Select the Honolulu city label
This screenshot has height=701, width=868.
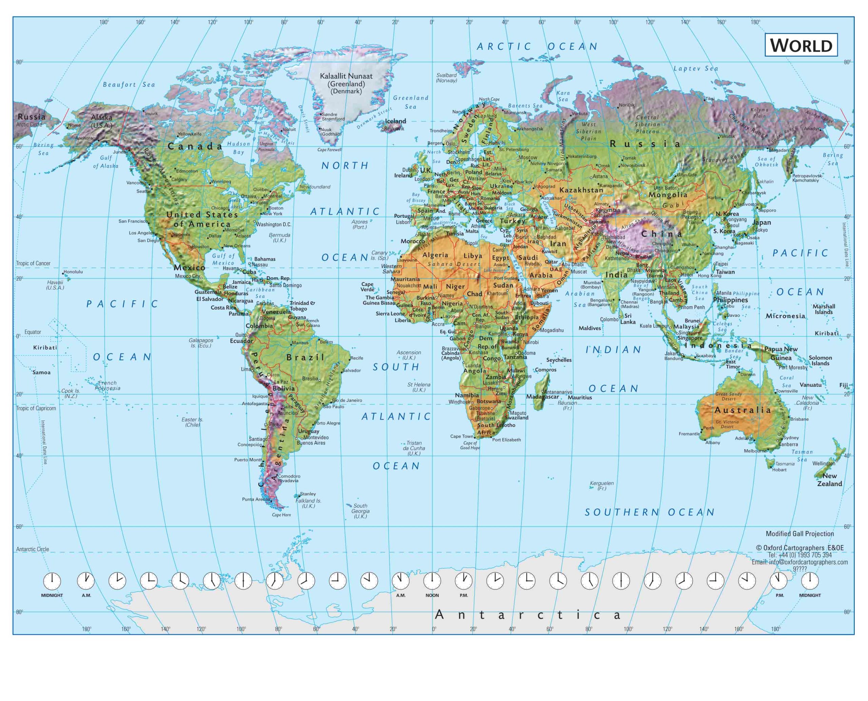[x=73, y=272]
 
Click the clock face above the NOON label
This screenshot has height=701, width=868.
[x=432, y=581]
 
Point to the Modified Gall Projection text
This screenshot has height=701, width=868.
[x=800, y=533]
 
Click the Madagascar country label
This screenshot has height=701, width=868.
[x=542, y=397]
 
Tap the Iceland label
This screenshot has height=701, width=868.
[x=395, y=121]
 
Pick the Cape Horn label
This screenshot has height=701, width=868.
[x=281, y=515]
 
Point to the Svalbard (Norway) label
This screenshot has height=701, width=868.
[x=446, y=78]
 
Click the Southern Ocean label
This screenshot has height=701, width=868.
[x=650, y=512]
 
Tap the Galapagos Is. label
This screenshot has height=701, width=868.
[x=201, y=343]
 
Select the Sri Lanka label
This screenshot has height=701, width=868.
[x=628, y=319]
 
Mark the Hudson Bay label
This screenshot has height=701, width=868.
[x=239, y=148]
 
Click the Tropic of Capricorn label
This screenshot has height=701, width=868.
[x=36, y=408]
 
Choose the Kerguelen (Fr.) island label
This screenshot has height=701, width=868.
[x=601, y=485]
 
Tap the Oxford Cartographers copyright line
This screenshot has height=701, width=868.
[x=800, y=548]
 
